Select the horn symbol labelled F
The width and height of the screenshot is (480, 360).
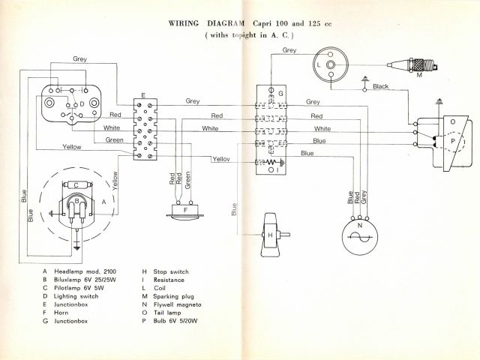coord(185,211)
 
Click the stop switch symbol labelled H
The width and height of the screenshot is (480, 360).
coord(271,232)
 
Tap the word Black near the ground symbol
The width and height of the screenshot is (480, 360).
coord(380,87)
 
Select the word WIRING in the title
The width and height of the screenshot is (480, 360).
coord(187,23)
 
